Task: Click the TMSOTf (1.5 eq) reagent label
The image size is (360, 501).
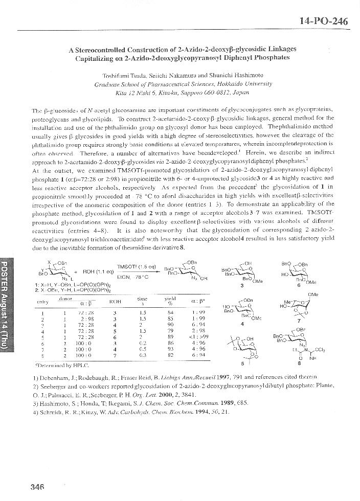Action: coord(133,267)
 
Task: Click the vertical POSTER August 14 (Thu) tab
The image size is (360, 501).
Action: coord(6,302)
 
